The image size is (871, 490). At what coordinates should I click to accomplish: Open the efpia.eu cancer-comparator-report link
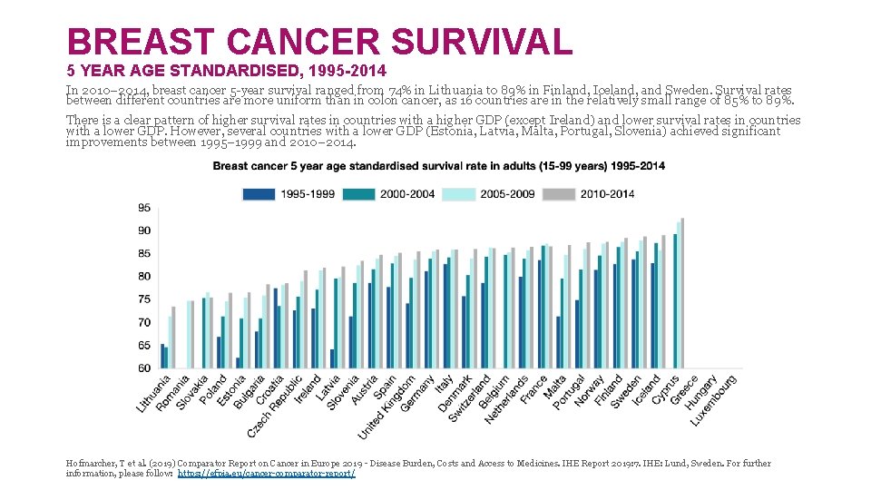(x=267, y=474)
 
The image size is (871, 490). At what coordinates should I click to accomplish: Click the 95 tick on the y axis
(x=144, y=208)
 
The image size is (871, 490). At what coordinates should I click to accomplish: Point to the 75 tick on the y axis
(x=144, y=299)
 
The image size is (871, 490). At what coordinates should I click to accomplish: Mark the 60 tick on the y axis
(x=144, y=368)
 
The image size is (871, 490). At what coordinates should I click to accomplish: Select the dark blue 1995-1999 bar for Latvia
(x=332, y=358)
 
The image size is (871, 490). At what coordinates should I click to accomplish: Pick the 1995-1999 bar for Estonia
(x=238, y=363)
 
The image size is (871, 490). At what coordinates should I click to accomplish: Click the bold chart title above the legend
(x=438, y=166)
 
